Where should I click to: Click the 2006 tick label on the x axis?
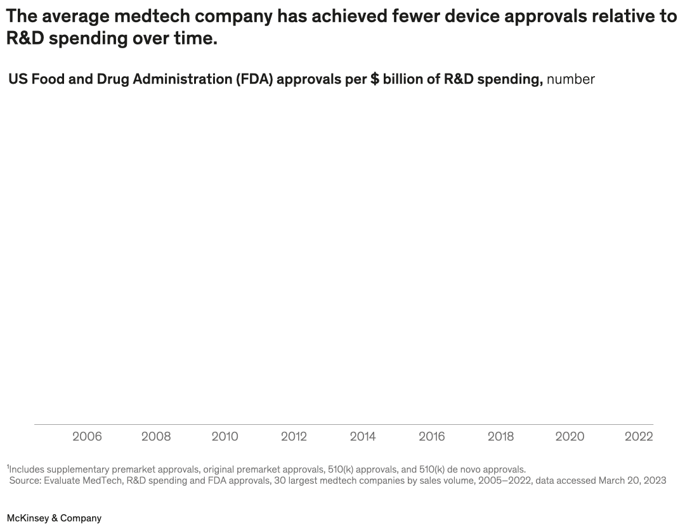[x=87, y=436]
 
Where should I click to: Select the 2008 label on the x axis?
[x=156, y=436]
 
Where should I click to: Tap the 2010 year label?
[x=225, y=436]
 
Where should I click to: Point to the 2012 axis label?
[x=294, y=436]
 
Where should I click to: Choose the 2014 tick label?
[x=363, y=436]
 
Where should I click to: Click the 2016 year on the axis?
[x=431, y=436]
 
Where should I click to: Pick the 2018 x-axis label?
[x=500, y=436]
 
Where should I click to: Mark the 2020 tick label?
[x=570, y=436]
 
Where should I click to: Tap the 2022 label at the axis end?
[x=638, y=436]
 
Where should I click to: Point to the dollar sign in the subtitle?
[x=375, y=79]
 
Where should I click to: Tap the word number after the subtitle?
[x=571, y=79]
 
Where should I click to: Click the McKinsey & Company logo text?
[x=54, y=518]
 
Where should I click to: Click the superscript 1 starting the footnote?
[x=8, y=467]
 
